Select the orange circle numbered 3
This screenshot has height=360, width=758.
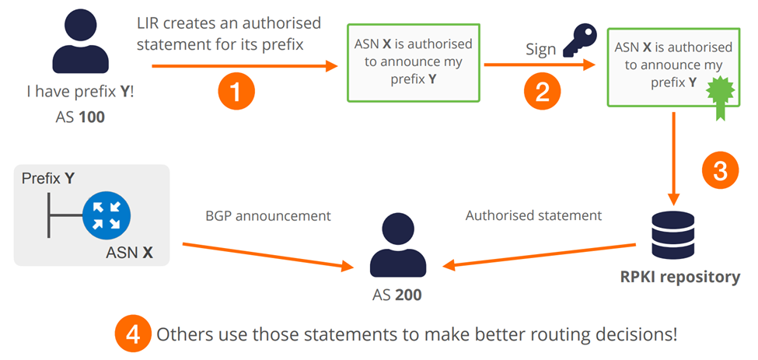(x=719, y=171)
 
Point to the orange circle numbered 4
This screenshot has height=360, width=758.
(x=133, y=335)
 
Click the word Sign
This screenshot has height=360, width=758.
(x=540, y=50)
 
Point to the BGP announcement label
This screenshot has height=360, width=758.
(x=267, y=215)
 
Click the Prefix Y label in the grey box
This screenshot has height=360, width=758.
(x=48, y=178)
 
